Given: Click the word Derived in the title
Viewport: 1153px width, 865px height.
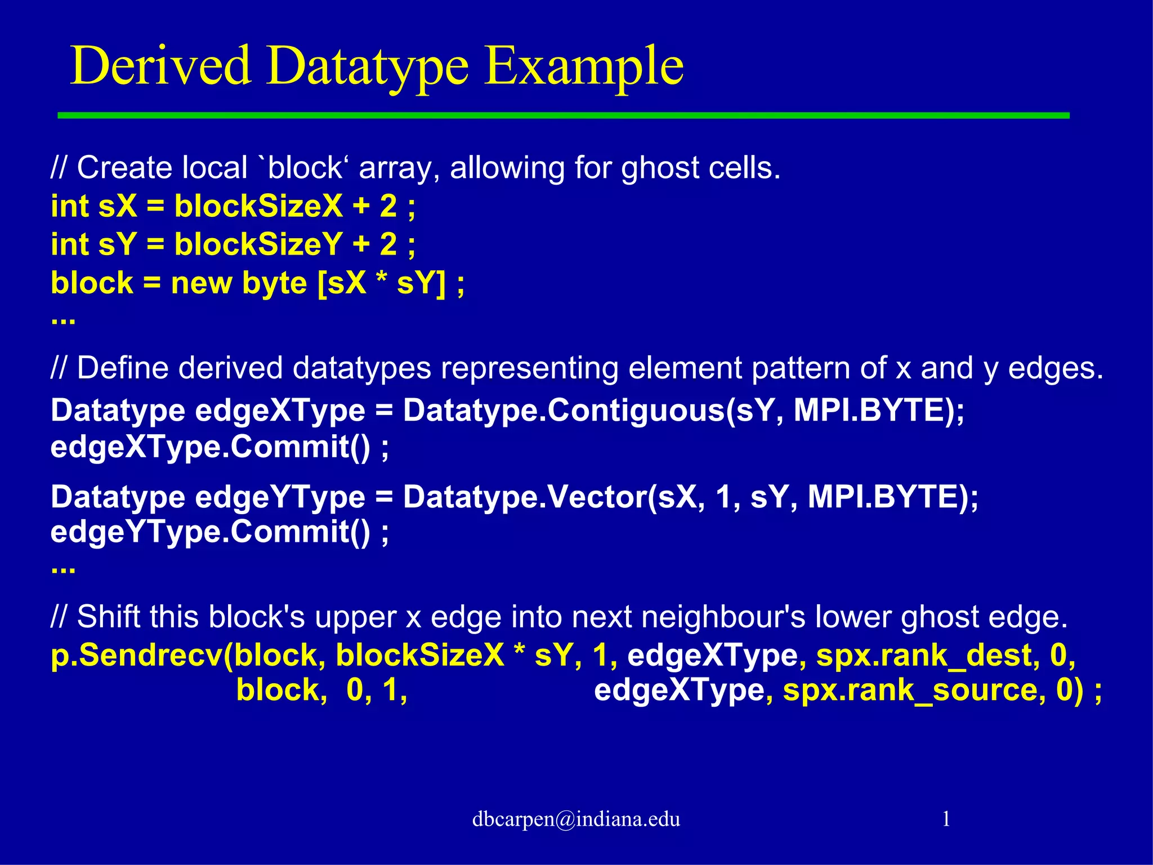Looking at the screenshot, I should point(160,66).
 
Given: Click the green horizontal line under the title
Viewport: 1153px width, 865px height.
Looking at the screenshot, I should point(563,115).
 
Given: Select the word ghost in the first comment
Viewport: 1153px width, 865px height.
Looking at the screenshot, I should point(660,168).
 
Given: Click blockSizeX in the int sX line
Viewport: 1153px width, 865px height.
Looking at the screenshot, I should point(258,206).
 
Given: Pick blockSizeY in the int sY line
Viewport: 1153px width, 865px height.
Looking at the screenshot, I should point(258,244).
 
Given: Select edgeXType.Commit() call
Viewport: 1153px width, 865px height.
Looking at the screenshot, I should point(220,448).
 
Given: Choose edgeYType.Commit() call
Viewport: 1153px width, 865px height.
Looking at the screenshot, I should point(220,532).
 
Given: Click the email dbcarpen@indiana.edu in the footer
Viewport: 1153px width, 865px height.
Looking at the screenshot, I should point(576,819).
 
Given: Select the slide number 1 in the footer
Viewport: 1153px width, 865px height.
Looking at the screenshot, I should point(946,818).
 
